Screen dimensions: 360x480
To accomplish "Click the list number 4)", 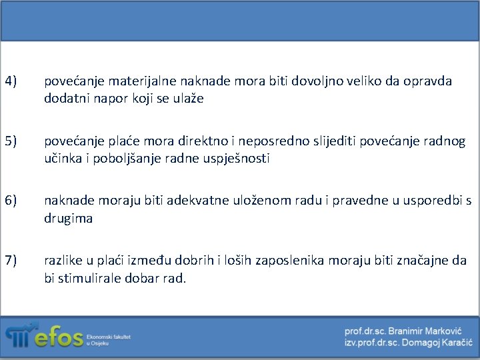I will click(11, 81).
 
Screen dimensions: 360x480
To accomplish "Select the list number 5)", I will click(11, 142).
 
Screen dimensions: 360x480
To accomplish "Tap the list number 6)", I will click(11, 201).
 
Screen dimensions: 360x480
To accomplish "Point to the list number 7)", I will click(11, 260).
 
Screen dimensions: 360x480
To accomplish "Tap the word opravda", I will click(427, 81).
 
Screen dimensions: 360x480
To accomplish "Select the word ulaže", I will click(191, 99).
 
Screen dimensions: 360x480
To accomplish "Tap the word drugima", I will click(69, 218).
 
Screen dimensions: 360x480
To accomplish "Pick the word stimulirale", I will click(89, 277).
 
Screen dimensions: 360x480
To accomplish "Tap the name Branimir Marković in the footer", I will click(423, 331).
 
